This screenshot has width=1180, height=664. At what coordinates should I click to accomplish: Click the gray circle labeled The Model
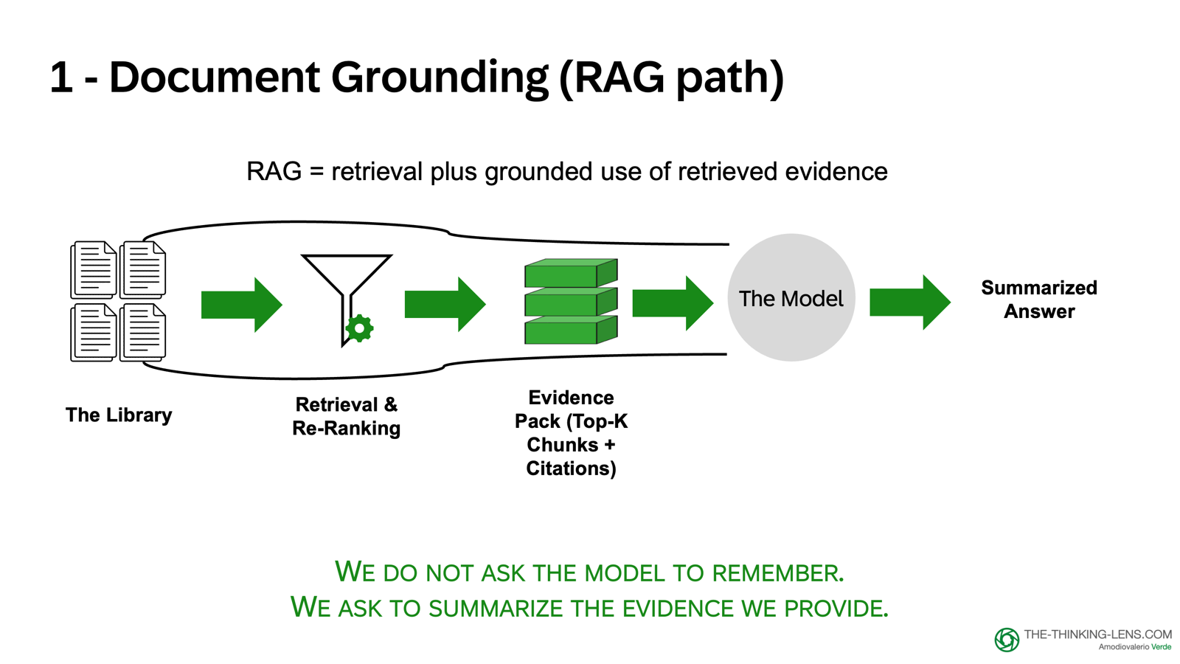pos(791,297)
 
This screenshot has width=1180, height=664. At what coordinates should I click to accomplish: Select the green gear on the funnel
pos(359,328)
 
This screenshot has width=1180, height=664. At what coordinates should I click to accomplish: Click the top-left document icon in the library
pos(94,269)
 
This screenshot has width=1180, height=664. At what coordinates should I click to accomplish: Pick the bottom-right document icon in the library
pos(143,332)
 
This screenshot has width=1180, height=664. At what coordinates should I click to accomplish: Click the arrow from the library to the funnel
pos(241,305)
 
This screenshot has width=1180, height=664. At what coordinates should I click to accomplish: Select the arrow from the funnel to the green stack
pos(445,304)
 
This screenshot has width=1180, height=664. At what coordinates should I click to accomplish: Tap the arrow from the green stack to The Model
pos(673,303)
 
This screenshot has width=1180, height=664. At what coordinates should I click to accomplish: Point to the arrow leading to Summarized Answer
pos(910,302)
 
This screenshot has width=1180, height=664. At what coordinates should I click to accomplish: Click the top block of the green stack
pos(570,273)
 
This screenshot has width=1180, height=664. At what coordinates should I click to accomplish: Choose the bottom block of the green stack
pos(570,331)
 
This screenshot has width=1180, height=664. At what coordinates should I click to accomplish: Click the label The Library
pos(119,415)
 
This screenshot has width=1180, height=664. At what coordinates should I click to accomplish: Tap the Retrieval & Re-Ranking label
pos(346,416)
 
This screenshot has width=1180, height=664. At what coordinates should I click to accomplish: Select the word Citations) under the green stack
pos(571,468)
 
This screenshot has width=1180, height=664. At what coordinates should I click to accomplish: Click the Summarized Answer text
pos(1038,300)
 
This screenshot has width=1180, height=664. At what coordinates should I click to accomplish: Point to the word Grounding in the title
pos(440,77)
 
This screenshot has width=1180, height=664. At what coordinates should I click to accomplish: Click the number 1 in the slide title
pos(61,78)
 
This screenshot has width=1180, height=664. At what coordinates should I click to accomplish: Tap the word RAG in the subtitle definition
pos(274,172)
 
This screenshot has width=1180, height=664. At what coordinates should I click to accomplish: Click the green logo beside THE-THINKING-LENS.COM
pos(1006,640)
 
